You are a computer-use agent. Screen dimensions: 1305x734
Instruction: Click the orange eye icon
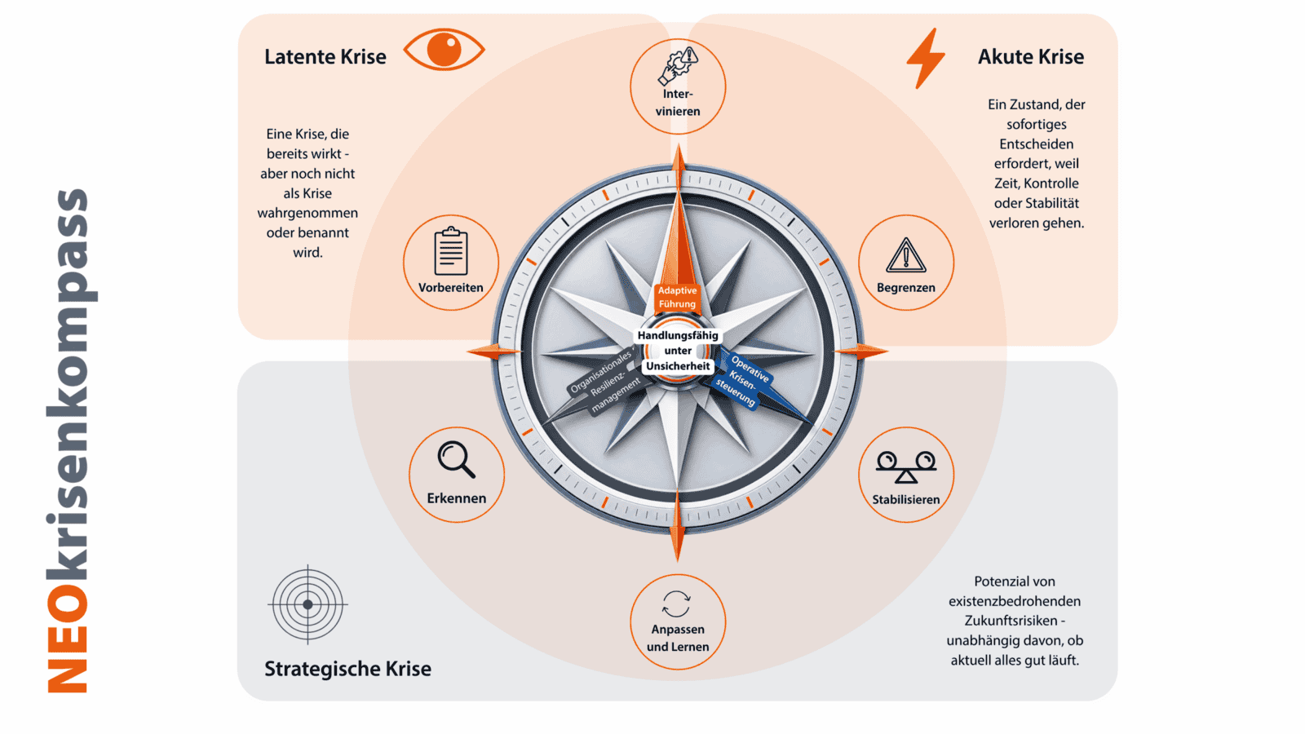click(x=444, y=50)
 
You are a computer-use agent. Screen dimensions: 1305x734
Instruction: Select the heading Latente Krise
click(x=325, y=57)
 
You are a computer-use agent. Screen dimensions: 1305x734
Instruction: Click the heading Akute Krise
click(x=1031, y=57)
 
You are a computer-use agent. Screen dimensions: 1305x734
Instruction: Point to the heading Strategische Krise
click(x=347, y=669)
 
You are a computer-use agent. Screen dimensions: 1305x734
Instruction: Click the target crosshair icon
click(x=307, y=604)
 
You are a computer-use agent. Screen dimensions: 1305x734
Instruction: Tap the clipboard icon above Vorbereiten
click(x=451, y=250)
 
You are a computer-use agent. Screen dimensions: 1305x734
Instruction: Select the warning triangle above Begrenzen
click(x=906, y=255)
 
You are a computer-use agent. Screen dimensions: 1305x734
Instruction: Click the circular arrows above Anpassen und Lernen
click(x=676, y=604)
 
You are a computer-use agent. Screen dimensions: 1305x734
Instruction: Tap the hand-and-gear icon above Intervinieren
click(x=678, y=66)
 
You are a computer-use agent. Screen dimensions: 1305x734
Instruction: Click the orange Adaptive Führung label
click(x=677, y=297)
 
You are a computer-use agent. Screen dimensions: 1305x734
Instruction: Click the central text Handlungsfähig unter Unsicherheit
click(x=678, y=351)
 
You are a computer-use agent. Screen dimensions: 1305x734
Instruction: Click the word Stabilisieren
click(x=906, y=500)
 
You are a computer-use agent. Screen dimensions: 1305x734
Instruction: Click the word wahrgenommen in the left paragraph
click(x=307, y=213)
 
